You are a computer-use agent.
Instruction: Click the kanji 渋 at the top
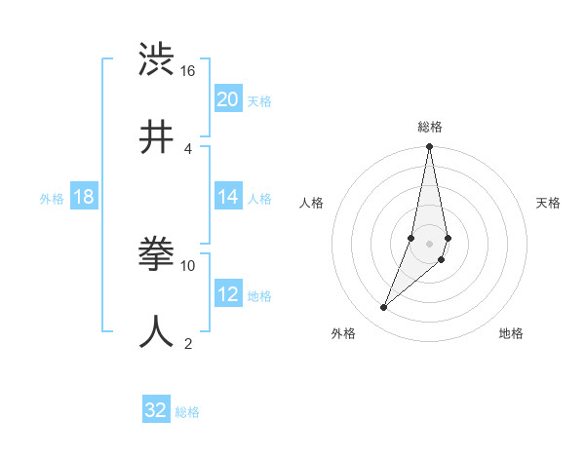tap(158, 60)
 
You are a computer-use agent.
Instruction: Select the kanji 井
tap(158, 136)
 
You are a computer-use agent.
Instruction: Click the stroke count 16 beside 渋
tap(188, 71)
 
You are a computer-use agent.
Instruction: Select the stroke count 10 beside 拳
tap(188, 265)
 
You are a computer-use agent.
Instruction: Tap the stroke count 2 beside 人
tap(188, 343)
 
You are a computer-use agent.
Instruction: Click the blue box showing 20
tap(228, 99)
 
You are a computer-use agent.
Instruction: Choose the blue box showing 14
tap(228, 197)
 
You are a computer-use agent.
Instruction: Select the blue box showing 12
tap(228, 294)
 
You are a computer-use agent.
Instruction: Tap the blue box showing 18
tap(84, 197)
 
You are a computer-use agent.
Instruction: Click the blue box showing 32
tap(156, 410)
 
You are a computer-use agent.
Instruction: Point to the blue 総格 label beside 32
tap(187, 412)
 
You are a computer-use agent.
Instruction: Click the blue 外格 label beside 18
tap(52, 199)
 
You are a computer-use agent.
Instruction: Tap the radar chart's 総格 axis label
tap(429, 127)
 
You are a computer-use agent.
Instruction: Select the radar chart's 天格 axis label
tap(548, 203)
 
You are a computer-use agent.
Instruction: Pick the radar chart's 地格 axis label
tap(511, 333)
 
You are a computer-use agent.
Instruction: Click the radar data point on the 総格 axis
tap(429, 147)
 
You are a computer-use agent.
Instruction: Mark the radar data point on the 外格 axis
tap(384, 308)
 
